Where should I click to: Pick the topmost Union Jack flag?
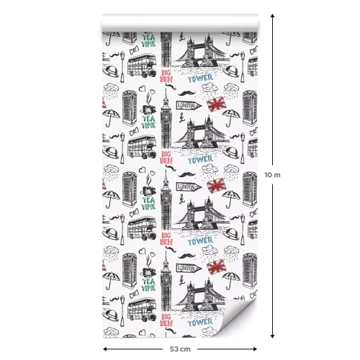(x=217, y=105)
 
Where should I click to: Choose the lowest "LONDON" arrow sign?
(x=186, y=269)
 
